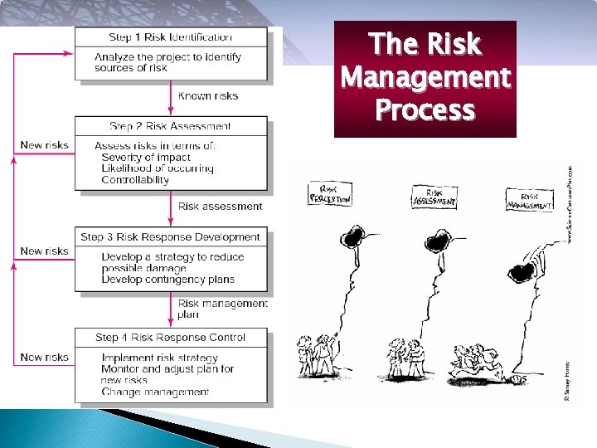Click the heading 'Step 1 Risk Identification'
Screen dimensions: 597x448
tap(171, 37)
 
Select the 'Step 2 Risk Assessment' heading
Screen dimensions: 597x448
tap(171, 126)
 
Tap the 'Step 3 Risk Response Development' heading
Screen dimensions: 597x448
tap(171, 237)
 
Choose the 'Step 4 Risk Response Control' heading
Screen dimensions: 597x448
tap(171, 338)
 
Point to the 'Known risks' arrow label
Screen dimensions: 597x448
tap(208, 96)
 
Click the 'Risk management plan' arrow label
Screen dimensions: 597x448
tap(222, 309)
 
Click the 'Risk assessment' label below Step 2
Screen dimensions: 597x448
tap(220, 207)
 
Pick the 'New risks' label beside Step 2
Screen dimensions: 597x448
tap(44, 145)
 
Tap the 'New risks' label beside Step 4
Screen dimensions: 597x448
tap(44, 358)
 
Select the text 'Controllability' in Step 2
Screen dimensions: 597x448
tap(135, 179)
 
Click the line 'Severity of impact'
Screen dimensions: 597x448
tap(146, 157)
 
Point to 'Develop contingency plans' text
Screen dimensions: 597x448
tap(167, 280)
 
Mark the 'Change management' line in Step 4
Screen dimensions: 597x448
tap(155, 392)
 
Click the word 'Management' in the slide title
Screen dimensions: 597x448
tap(425, 78)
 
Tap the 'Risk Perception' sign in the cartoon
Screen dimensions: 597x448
tap(330, 197)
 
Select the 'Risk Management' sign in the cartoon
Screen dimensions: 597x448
tap(529, 201)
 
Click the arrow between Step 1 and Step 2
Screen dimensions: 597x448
tap(175, 95)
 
